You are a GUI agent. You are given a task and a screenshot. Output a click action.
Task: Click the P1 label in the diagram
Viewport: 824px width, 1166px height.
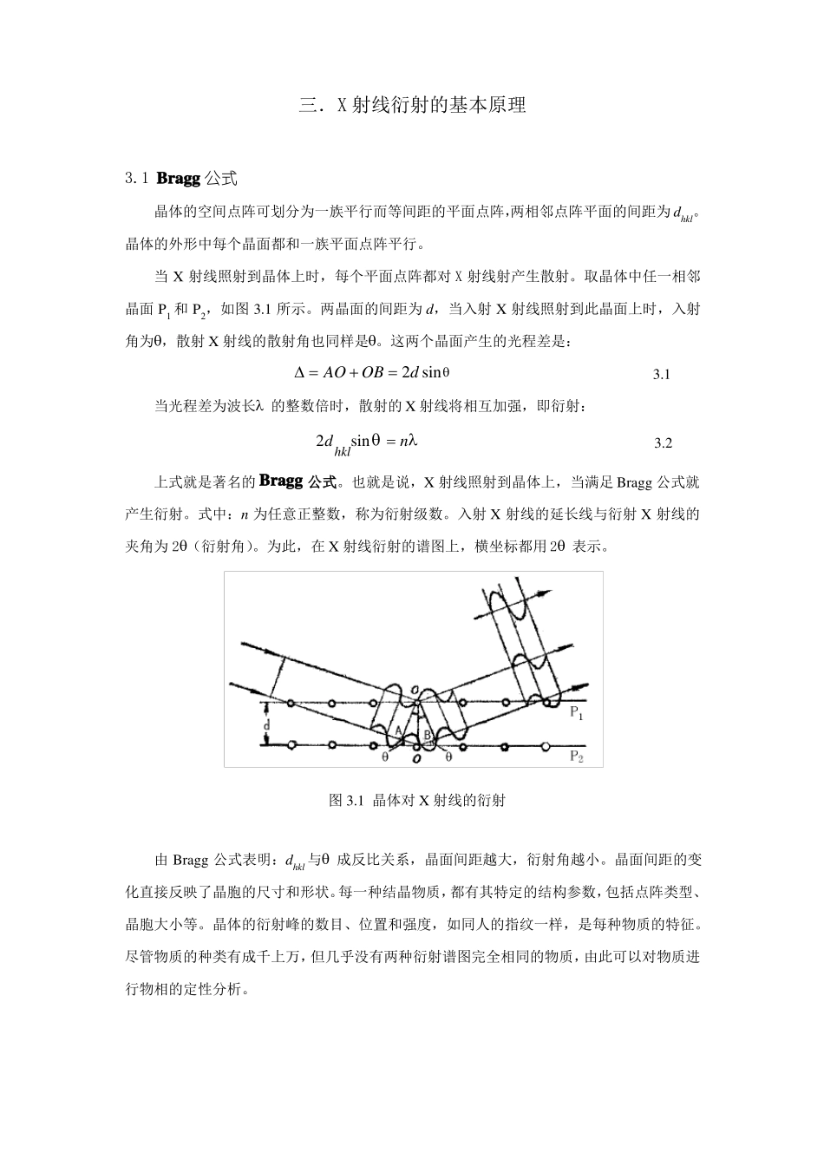[x=576, y=713]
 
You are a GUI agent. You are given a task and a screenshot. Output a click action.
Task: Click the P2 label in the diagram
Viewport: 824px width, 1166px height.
[x=577, y=756]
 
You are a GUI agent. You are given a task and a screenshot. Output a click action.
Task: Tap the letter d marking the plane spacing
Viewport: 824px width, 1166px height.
[x=268, y=723]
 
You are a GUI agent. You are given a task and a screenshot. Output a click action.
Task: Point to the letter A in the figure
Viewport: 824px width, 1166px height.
[x=399, y=730]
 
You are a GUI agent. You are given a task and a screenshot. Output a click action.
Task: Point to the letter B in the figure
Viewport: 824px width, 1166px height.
[x=428, y=736]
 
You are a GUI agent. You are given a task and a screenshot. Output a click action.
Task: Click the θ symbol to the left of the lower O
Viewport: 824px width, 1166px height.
[x=385, y=757]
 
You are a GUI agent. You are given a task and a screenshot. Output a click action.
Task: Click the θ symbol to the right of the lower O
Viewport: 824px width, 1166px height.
[x=448, y=757]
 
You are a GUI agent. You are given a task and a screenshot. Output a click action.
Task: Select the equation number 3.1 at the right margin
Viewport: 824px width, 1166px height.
[x=661, y=375]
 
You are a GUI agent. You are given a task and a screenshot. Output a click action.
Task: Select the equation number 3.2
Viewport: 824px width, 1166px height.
[x=663, y=443]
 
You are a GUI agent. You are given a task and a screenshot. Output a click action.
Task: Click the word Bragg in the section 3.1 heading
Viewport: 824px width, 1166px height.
[x=178, y=179]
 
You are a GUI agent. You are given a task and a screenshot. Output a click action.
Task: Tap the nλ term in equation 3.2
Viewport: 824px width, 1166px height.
[x=408, y=441]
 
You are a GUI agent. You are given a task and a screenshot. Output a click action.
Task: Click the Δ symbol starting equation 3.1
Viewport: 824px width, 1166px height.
[x=300, y=372]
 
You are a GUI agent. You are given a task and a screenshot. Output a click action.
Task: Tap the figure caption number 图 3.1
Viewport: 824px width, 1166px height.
[x=345, y=801]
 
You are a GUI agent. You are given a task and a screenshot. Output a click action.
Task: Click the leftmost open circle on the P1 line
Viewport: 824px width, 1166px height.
[x=291, y=702]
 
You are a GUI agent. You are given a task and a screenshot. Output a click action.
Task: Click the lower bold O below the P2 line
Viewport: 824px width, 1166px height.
[x=417, y=758]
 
